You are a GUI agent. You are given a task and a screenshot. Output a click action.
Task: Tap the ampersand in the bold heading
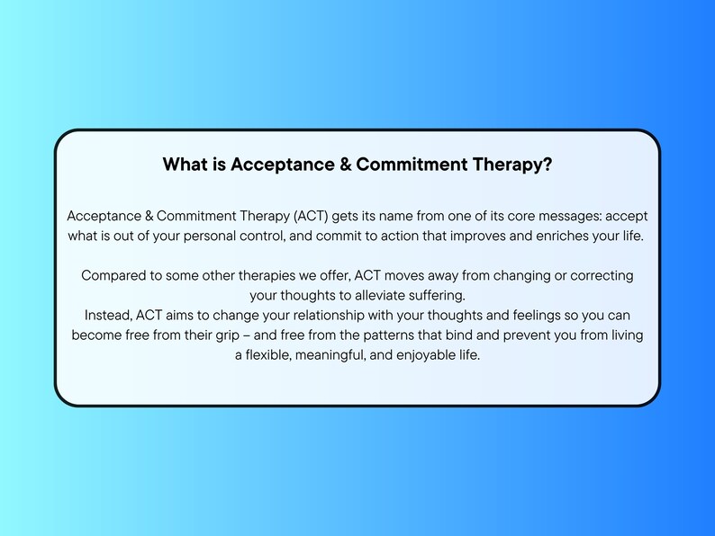click(x=343, y=165)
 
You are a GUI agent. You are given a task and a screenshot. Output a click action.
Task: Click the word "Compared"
click(x=113, y=275)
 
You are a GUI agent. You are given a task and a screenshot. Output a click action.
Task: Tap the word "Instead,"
click(x=111, y=315)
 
